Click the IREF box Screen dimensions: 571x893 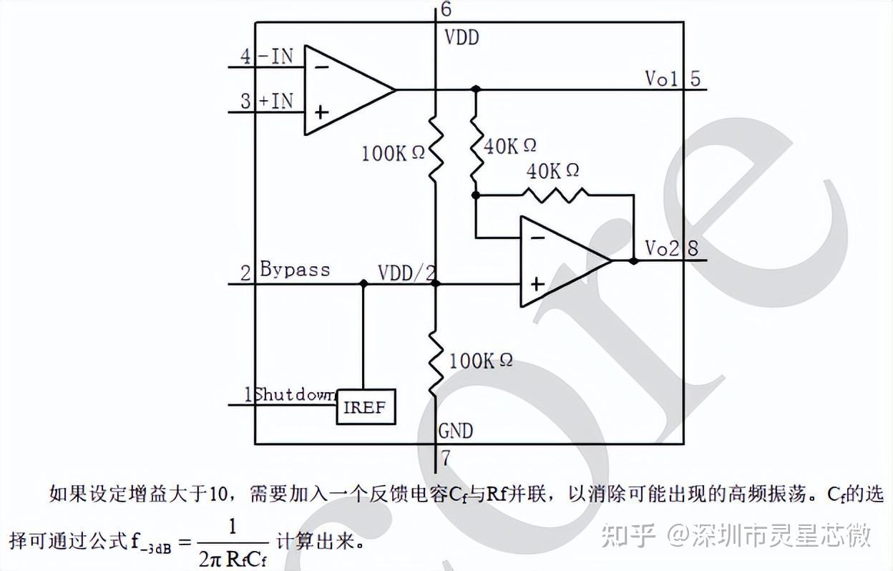(x=366, y=407)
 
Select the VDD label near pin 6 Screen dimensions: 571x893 (x=462, y=37)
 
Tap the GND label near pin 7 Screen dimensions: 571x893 (x=456, y=431)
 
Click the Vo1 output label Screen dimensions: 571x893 (x=661, y=78)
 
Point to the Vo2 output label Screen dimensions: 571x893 (x=661, y=248)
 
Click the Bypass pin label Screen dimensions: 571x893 (x=295, y=270)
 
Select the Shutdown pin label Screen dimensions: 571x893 (x=295, y=394)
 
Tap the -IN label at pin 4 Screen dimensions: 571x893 (x=275, y=57)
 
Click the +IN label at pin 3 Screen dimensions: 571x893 (x=275, y=101)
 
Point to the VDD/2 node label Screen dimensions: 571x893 (x=406, y=273)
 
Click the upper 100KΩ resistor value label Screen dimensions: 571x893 (x=393, y=152)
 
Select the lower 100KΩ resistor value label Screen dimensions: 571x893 (x=481, y=361)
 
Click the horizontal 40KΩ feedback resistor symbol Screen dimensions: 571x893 (x=554, y=195)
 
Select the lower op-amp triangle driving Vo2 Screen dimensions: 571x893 (x=558, y=260)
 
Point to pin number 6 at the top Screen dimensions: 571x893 (x=446, y=9)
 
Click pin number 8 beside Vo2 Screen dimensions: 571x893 (x=693, y=248)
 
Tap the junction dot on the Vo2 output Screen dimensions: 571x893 (x=633, y=261)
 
